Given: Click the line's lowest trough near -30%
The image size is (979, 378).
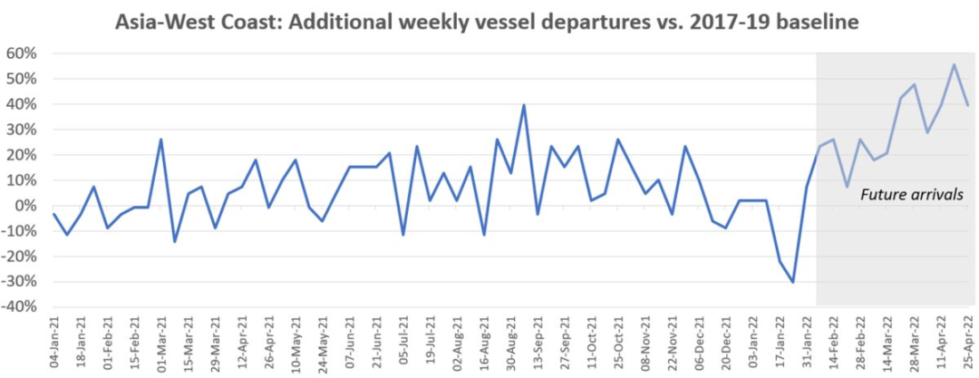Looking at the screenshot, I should [793, 282].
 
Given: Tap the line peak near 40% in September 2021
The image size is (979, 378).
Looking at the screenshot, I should [524, 105].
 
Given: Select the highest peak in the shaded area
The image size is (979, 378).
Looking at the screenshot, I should [954, 64].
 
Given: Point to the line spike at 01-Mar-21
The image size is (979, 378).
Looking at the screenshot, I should [160, 140].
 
